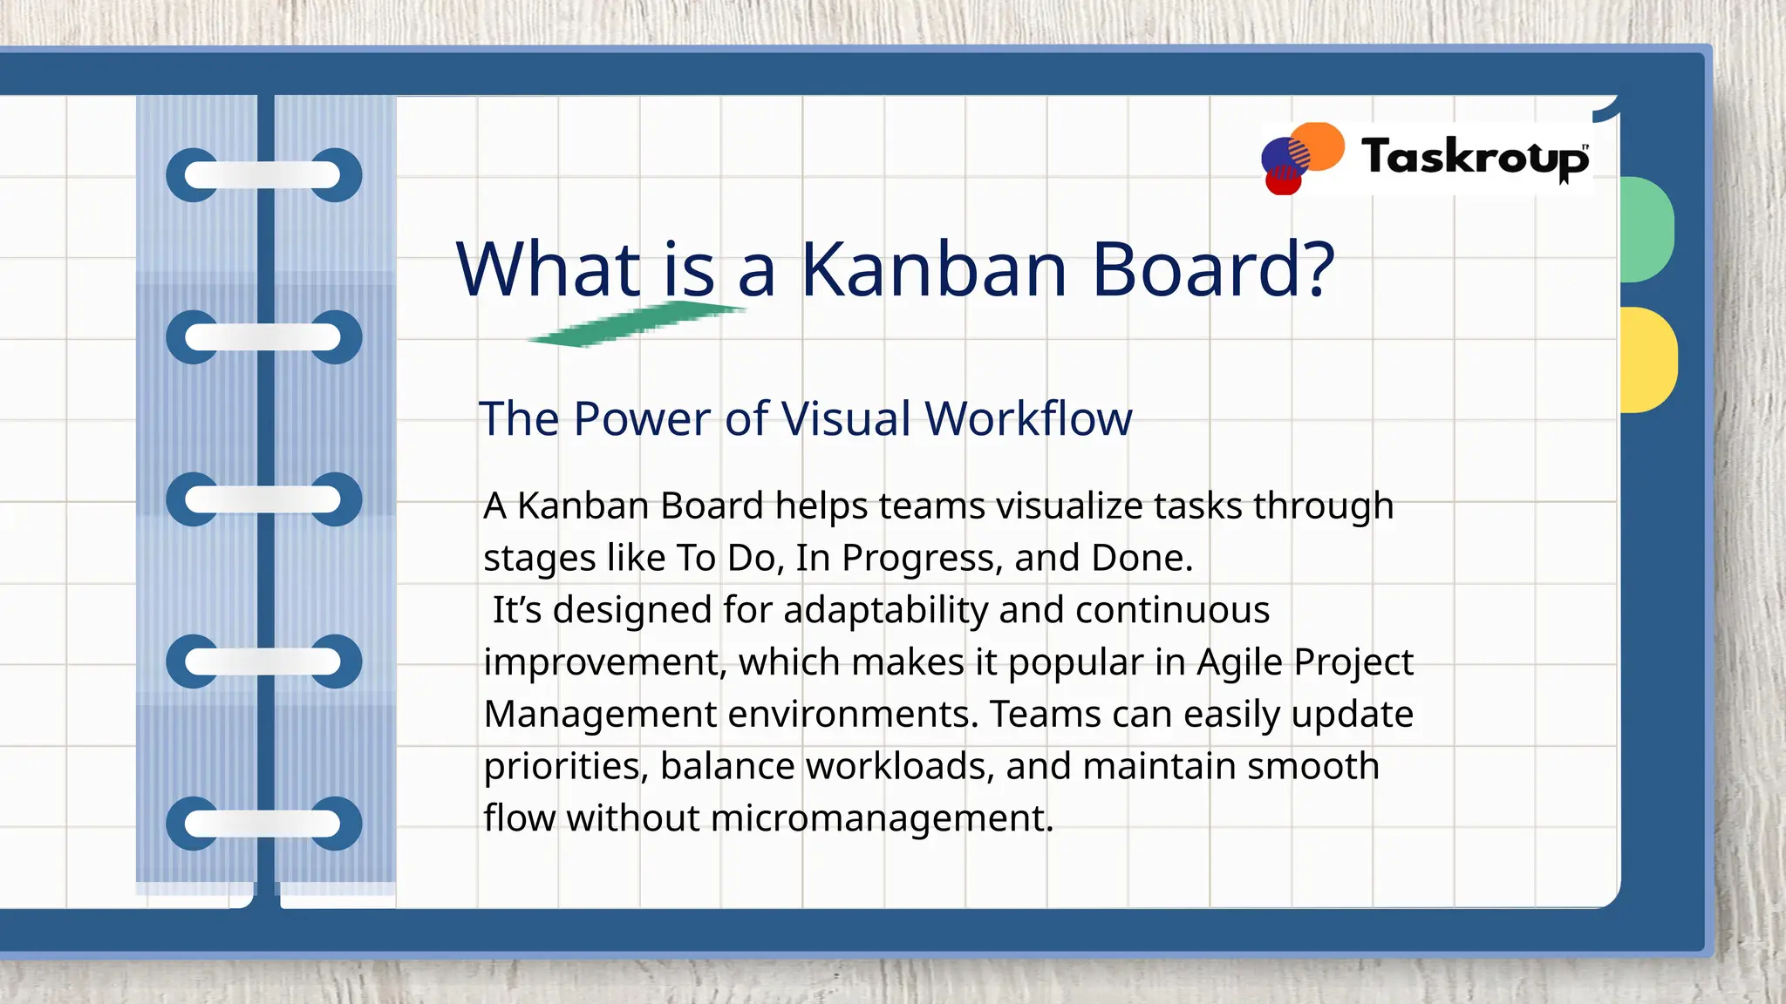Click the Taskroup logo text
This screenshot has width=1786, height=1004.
point(1474,158)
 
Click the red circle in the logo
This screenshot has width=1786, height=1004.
point(1283,181)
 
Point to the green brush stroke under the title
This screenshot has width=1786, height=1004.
point(637,324)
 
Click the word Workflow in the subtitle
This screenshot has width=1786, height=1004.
point(1028,418)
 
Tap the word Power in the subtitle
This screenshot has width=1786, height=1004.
point(642,418)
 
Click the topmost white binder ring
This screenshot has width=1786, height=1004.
point(263,175)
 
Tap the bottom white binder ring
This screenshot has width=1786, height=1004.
point(263,823)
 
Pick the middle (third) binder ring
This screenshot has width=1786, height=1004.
point(263,499)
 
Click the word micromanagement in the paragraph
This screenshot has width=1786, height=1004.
point(882,818)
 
